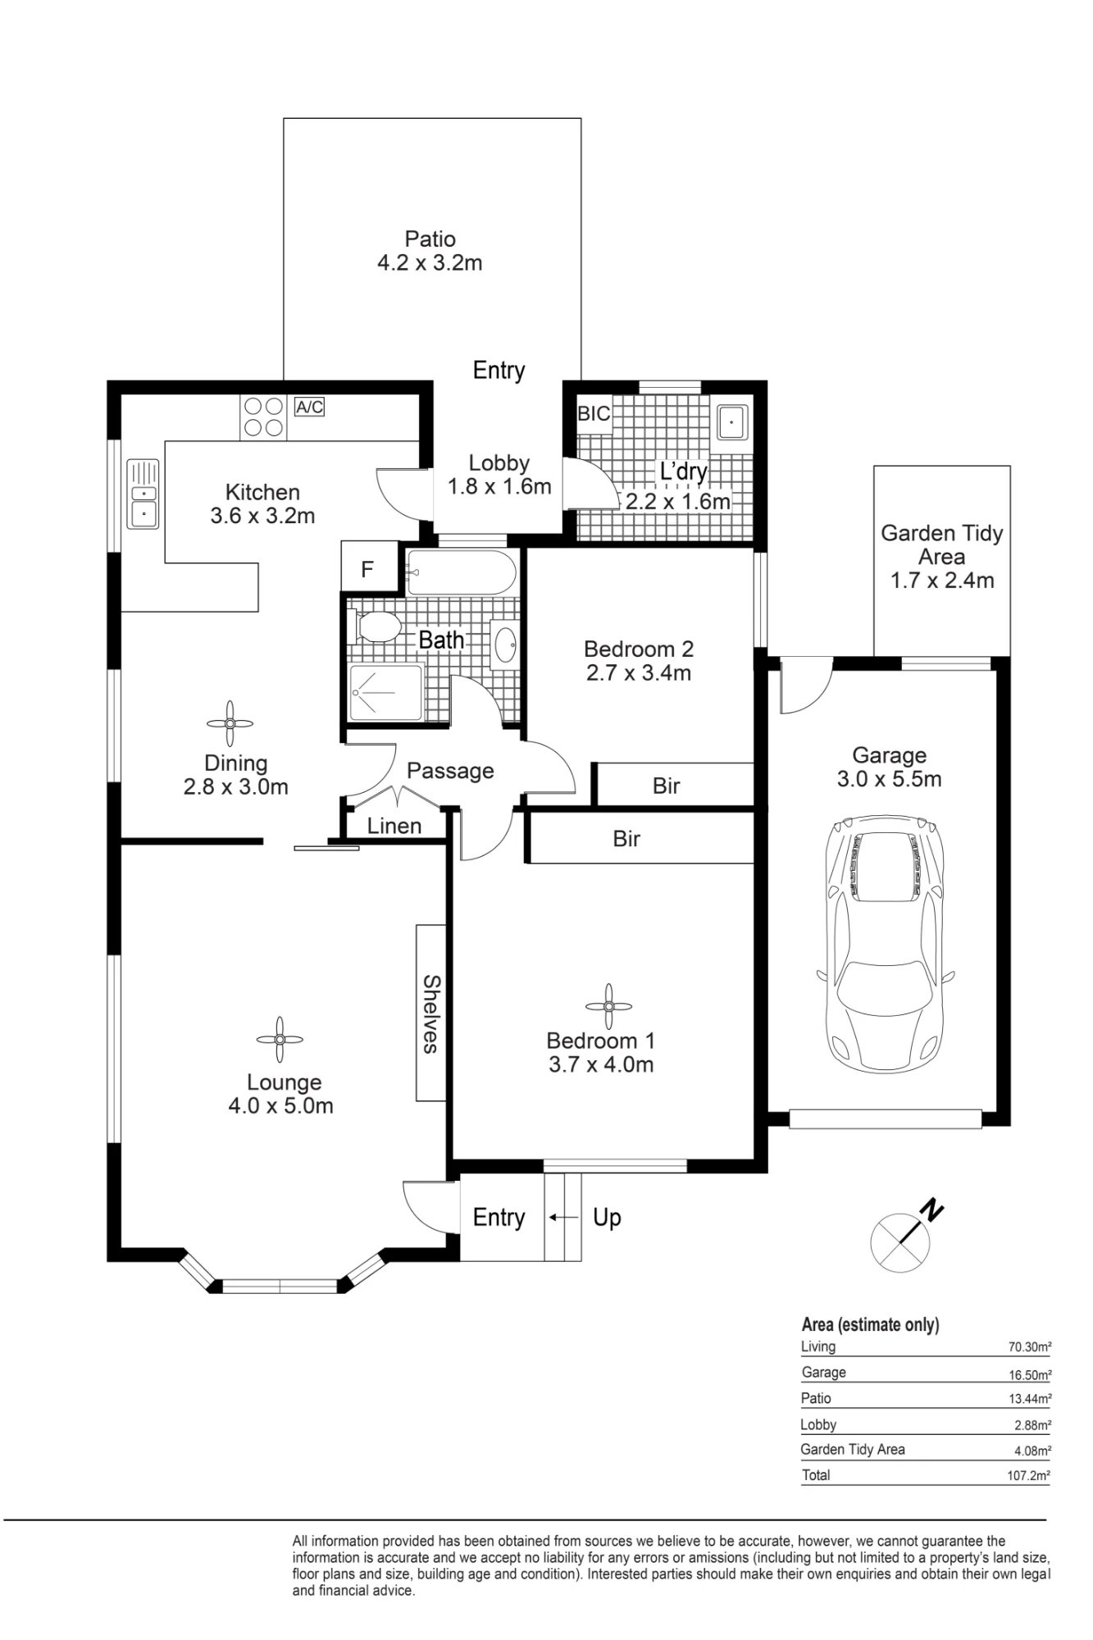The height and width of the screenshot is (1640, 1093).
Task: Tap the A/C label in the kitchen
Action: pos(309,407)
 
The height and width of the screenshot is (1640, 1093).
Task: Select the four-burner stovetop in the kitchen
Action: pos(263,417)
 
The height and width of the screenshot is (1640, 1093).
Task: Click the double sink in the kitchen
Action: pos(143,493)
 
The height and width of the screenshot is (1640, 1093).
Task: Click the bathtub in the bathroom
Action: pos(461,572)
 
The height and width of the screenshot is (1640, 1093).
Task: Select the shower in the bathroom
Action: pos(386,694)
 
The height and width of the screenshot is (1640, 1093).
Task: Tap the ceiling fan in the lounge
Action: pos(280,1040)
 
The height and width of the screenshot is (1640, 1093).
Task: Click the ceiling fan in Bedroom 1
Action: pos(608,1006)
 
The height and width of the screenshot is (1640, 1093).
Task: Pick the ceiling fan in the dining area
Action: pos(230,723)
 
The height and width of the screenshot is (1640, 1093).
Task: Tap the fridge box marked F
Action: pos(368,568)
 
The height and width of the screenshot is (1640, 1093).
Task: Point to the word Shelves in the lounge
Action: pos(431,1014)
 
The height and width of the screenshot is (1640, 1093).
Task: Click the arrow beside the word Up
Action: pos(563,1218)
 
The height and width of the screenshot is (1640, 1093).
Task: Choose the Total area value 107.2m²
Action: pos(1028,1476)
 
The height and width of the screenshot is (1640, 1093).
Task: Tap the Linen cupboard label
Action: pos(394,826)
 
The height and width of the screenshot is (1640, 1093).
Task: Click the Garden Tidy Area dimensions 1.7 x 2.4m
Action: pos(942,581)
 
